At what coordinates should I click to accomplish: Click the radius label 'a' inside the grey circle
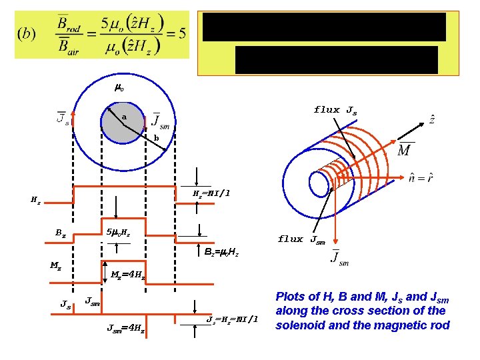coord(123,117)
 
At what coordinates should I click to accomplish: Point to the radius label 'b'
coord(156,138)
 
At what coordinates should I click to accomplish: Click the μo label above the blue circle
coord(119,87)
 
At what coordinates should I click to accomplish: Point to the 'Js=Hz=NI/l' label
coord(232,319)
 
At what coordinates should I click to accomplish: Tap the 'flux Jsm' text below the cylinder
coord(301,239)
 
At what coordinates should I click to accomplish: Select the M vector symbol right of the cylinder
coord(404,150)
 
